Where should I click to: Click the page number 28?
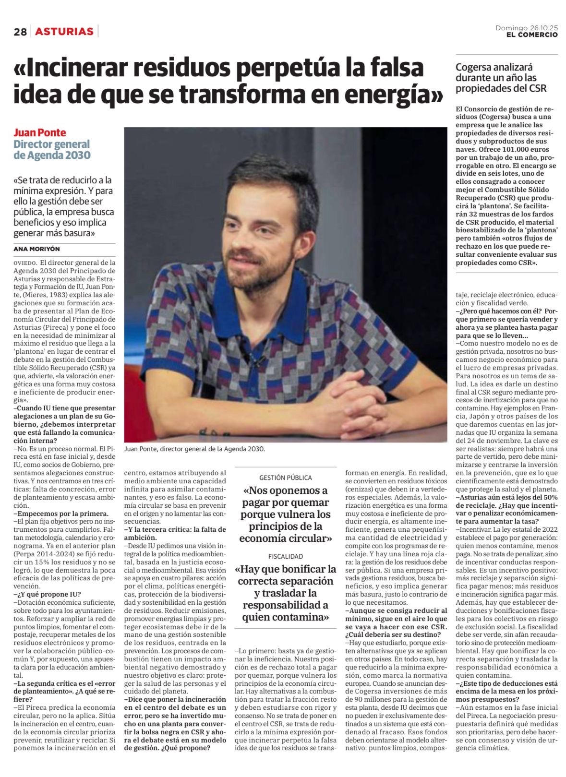point(20,32)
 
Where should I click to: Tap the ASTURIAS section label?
point(64,32)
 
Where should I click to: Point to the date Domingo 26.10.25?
point(527,28)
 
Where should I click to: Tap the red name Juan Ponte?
point(39,133)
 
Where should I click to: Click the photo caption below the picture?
point(194,449)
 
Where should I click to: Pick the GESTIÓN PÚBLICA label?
point(285,478)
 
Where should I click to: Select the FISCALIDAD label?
point(285,556)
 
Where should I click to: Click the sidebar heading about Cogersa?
point(500,78)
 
